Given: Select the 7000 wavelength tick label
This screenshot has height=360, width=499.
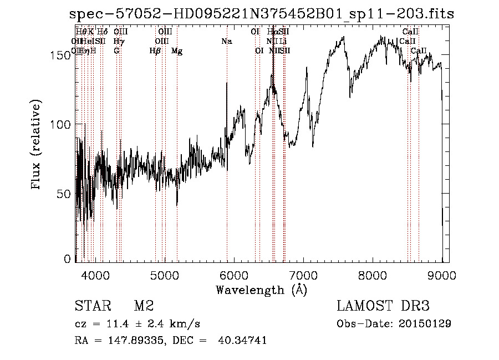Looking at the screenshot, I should click(x=303, y=275).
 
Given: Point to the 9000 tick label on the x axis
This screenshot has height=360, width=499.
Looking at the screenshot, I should click(x=442, y=275).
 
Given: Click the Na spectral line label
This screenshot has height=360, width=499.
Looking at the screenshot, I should click(x=226, y=42).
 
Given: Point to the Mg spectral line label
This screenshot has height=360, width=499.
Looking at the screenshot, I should click(x=177, y=51).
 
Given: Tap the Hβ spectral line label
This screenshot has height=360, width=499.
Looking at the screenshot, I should click(x=155, y=51).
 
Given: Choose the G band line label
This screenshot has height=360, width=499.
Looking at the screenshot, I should click(x=116, y=51).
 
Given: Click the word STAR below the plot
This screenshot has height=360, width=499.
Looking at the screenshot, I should click(x=92, y=306).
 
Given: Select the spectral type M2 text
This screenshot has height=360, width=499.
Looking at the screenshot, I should click(x=144, y=306).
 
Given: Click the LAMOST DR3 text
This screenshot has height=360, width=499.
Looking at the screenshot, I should click(x=383, y=306).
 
